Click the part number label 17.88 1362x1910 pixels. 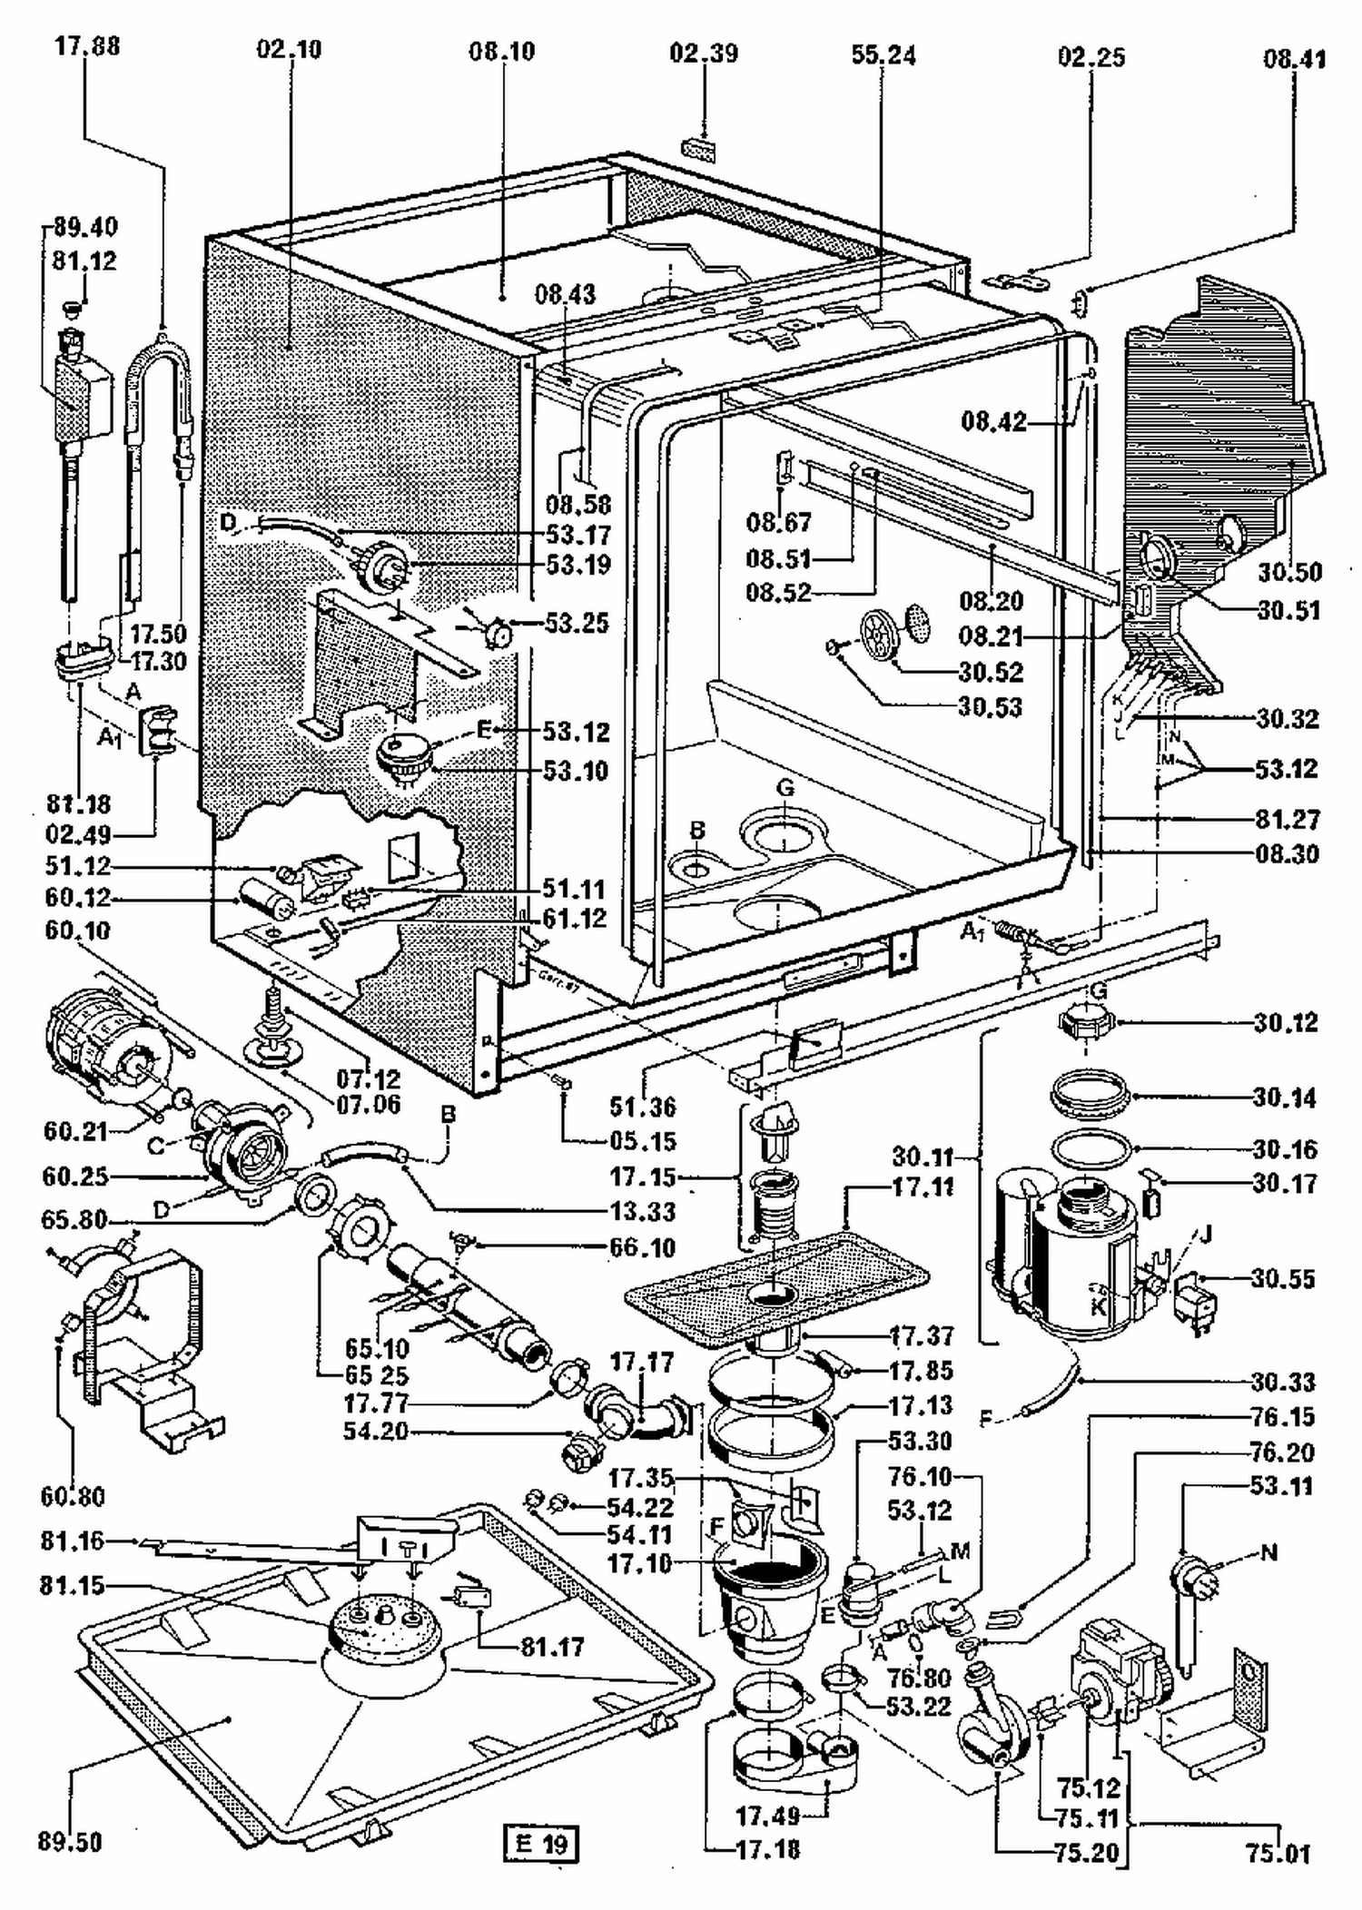tap(86, 46)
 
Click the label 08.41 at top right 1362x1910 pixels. tap(1294, 61)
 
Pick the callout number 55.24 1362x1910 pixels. tap(883, 55)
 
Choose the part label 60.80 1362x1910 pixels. tap(73, 1495)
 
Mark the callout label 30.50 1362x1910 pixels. tap(1289, 572)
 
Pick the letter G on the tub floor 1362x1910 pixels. tap(785, 788)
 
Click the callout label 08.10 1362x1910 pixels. tap(501, 52)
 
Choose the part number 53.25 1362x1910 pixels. tap(577, 624)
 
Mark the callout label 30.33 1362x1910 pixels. tap(1282, 1382)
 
